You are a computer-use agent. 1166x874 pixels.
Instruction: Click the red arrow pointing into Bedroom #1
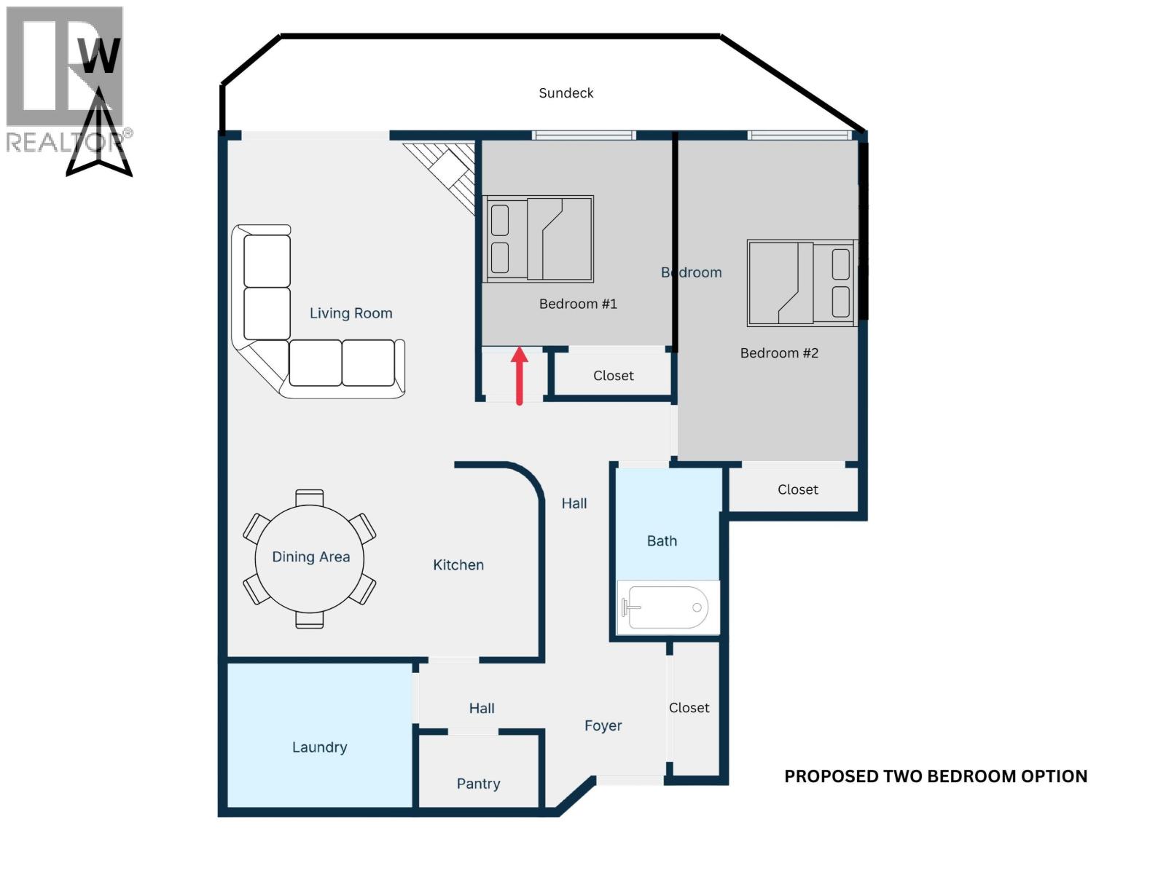(519, 375)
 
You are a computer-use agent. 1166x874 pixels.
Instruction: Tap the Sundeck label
(566, 93)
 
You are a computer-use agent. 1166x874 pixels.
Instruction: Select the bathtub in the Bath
(668, 607)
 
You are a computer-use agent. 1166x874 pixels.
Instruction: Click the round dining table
(310, 558)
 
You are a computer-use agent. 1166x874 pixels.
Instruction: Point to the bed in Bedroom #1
(539, 238)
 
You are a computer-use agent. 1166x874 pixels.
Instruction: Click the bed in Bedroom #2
(802, 283)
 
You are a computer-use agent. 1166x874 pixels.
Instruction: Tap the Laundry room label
(319, 747)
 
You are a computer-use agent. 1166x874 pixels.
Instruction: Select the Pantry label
(478, 784)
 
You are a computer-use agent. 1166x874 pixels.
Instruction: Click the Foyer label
(603, 725)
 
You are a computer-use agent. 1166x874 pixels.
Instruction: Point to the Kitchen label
(458, 565)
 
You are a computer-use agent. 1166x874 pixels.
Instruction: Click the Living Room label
(351, 313)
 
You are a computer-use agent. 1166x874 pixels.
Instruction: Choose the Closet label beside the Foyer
(689, 708)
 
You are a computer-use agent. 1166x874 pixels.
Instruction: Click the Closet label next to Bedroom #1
(613, 376)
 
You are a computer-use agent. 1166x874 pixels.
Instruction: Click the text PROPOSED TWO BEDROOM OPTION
(935, 776)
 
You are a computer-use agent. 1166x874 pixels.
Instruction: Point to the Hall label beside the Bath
(574, 503)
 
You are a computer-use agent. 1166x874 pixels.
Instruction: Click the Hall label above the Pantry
(481, 708)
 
